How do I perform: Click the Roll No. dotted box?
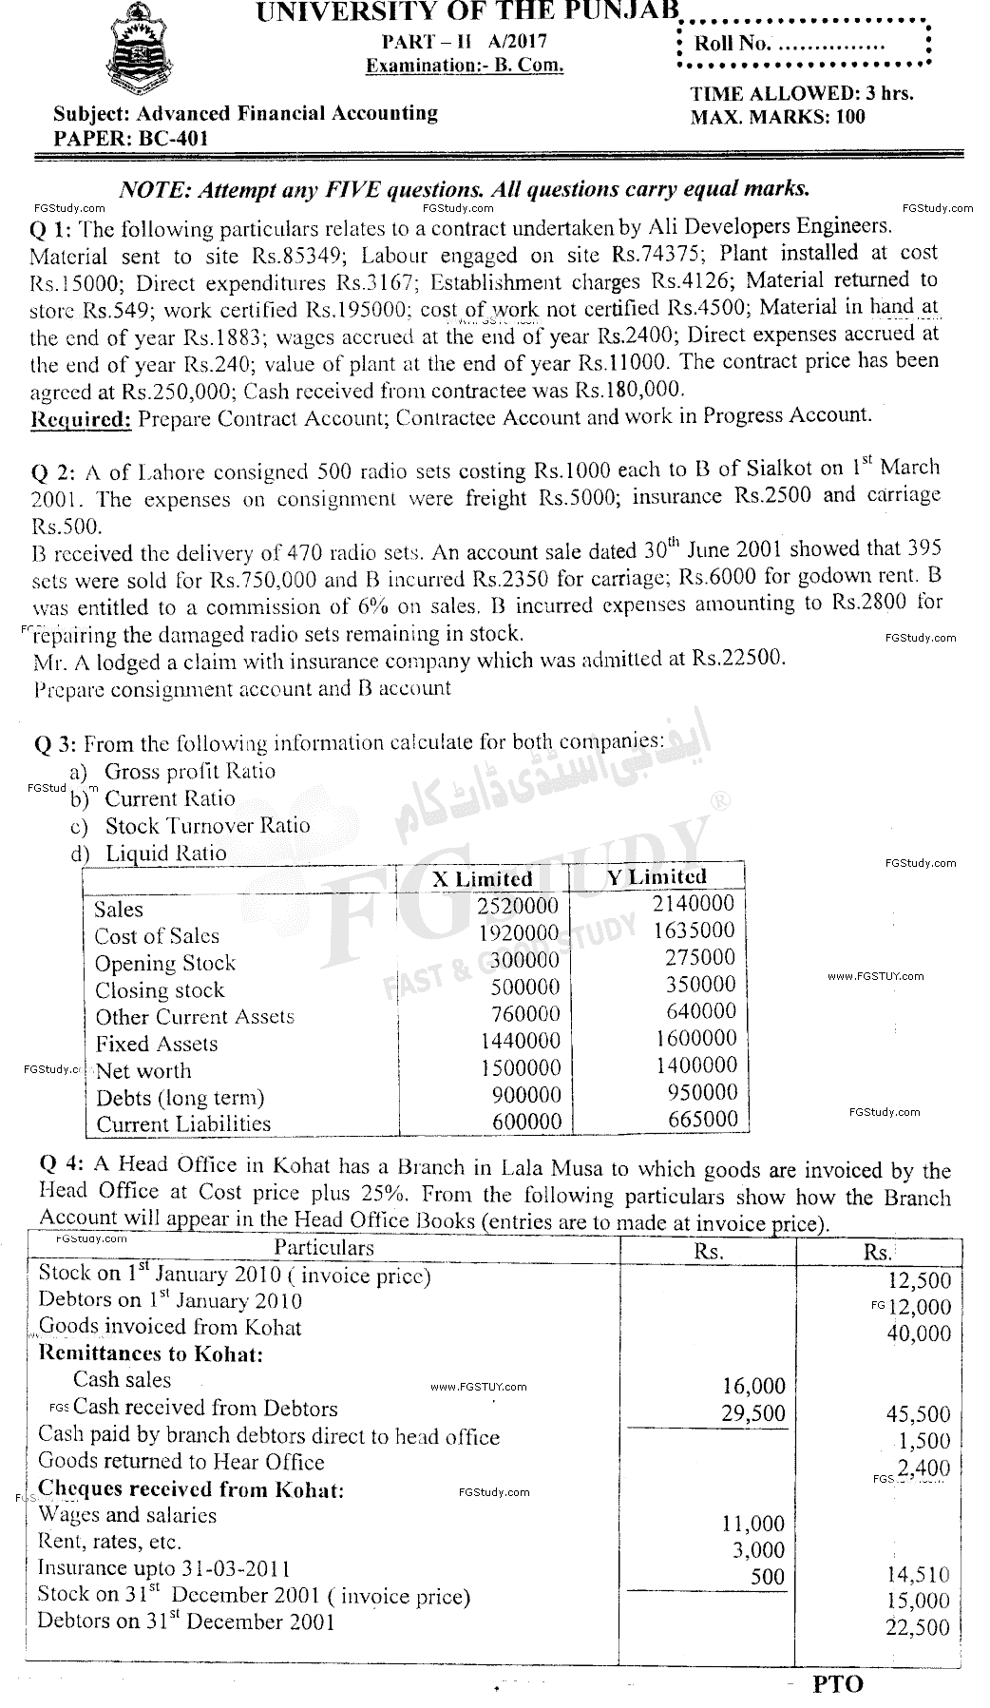pyautogui.click(x=803, y=44)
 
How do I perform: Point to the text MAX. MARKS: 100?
pyautogui.click(x=777, y=117)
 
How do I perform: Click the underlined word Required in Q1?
pyautogui.click(x=81, y=416)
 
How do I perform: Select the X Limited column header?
pyautogui.click(x=483, y=878)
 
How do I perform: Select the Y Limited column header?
pyautogui.click(x=657, y=876)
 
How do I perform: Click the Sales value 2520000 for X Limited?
pyautogui.click(x=518, y=907)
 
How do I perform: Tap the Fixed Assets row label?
pyautogui.click(x=157, y=1044)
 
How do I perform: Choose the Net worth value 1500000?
pyautogui.click(x=520, y=1067)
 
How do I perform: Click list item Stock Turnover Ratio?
pyautogui.click(x=207, y=825)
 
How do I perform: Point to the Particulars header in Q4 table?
pyautogui.click(x=324, y=1247)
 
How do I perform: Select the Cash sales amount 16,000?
pyautogui.click(x=753, y=1387)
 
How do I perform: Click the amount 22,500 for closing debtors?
pyautogui.click(x=917, y=1627)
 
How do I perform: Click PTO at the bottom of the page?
pyautogui.click(x=838, y=1684)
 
